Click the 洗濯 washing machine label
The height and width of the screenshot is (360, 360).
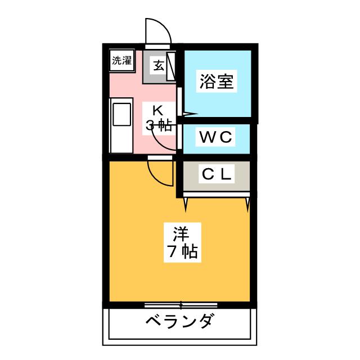click(121, 61)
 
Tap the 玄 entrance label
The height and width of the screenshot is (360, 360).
click(159, 66)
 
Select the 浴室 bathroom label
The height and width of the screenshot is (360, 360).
click(217, 82)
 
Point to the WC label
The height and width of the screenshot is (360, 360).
click(215, 137)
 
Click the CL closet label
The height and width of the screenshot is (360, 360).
click(216, 174)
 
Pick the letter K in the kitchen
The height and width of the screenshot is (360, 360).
click(157, 110)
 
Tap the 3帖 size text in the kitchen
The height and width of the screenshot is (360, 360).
click(159, 125)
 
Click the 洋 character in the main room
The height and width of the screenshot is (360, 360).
click(181, 235)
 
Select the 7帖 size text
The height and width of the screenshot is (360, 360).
click(182, 252)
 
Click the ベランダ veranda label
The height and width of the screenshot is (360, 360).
click(179, 321)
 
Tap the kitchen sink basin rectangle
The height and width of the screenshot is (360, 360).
click(121, 115)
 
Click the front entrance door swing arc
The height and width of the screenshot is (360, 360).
click(159, 30)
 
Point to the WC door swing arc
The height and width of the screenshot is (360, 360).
click(164, 138)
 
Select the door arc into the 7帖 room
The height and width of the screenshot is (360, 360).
click(160, 173)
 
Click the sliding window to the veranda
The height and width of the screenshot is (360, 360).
click(181, 305)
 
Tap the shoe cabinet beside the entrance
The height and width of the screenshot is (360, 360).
click(171, 66)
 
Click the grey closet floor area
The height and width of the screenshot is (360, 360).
click(216, 175)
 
